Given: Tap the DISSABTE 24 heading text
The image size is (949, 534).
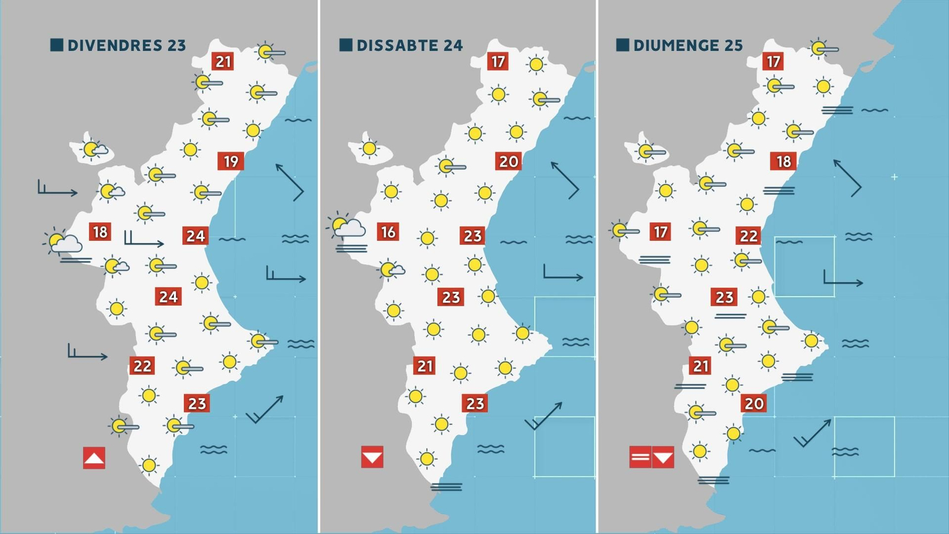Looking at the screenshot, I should pyautogui.click(x=409, y=45).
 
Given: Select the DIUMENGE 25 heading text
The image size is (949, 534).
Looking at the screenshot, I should pyautogui.click(x=688, y=45).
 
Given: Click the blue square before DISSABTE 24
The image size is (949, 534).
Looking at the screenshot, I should pyautogui.click(x=346, y=44).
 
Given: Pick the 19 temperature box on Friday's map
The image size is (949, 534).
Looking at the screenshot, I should pyautogui.click(x=231, y=161).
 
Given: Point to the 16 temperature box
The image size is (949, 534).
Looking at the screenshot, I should pyautogui.click(x=388, y=231).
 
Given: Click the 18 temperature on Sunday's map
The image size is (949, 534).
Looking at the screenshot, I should pyautogui.click(x=784, y=161).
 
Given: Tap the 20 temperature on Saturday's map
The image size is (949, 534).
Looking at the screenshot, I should pyautogui.click(x=508, y=161).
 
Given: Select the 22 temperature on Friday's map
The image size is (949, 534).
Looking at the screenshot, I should pyautogui.click(x=142, y=365).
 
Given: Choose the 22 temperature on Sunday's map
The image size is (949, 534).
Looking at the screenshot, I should pyautogui.click(x=749, y=236).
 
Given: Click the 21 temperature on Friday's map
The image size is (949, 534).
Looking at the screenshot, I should pyautogui.click(x=223, y=61).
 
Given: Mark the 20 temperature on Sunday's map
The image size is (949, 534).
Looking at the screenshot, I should pyautogui.click(x=754, y=403).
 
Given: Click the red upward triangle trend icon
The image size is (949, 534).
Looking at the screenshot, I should pyautogui.click(x=94, y=458).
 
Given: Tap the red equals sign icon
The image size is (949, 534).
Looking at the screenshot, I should pyautogui.click(x=640, y=457).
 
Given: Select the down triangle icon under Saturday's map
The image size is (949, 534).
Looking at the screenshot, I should pyautogui.click(x=372, y=457).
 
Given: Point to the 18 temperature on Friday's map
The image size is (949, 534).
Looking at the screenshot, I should pyautogui.click(x=100, y=231).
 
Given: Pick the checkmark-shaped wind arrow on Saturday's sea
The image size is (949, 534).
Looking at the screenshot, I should pyautogui.click(x=543, y=416).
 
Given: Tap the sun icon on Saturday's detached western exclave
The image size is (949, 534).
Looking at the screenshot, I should pyautogui.click(x=370, y=148).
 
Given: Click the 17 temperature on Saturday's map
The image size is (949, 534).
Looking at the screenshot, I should pyautogui.click(x=498, y=61).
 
